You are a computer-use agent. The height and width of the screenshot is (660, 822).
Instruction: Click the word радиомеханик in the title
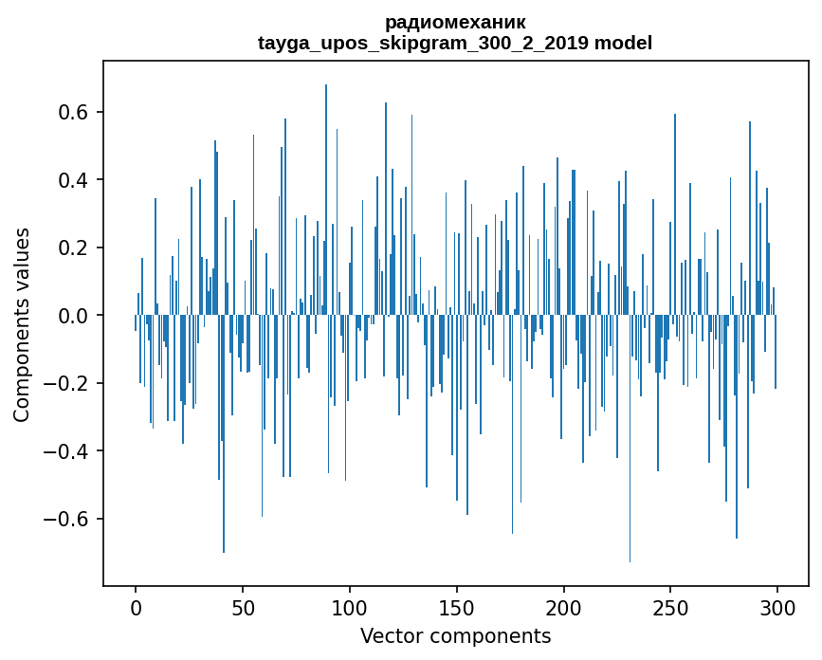coord(455,22)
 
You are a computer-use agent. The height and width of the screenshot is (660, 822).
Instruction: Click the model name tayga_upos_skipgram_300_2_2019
coord(423,43)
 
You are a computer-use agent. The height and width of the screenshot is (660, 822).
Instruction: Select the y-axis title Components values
coord(22,324)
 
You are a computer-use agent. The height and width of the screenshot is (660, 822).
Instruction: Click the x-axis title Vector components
coord(455,635)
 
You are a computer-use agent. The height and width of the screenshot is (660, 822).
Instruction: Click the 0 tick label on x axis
coord(136,607)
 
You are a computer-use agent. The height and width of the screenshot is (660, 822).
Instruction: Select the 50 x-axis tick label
coord(243,607)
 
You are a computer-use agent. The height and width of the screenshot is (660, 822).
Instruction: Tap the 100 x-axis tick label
coord(350,607)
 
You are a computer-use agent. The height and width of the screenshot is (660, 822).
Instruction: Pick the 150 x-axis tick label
coord(456,607)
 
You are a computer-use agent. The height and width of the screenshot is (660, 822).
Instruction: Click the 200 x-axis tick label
coord(563,607)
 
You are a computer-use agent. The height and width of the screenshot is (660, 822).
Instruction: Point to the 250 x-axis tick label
coord(670,607)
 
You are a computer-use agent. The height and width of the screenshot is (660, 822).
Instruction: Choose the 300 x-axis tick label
coord(777,607)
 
